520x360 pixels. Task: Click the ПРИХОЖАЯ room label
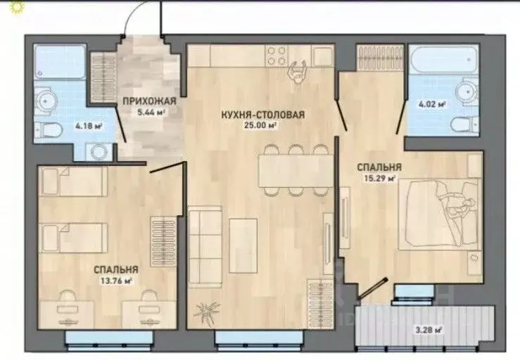[x=149, y=101]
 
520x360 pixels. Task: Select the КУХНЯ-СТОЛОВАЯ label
[x=262, y=115]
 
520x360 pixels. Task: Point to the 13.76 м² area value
[x=116, y=281]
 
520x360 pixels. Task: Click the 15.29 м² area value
[x=380, y=179]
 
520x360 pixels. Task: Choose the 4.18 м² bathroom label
[x=89, y=126]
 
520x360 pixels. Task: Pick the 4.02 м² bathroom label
[x=432, y=105]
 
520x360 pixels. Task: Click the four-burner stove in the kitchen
[x=277, y=56]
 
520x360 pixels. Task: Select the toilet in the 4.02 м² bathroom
[x=464, y=124]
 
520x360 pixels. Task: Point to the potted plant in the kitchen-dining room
[x=206, y=311]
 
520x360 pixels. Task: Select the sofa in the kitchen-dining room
[x=205, y=246]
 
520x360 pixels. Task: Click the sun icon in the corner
[x=17, y=6]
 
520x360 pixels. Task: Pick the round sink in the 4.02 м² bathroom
[x=466, y=90]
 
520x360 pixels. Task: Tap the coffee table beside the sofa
[x=243, y=245]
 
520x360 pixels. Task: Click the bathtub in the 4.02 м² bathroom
[x=445, y=59]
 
